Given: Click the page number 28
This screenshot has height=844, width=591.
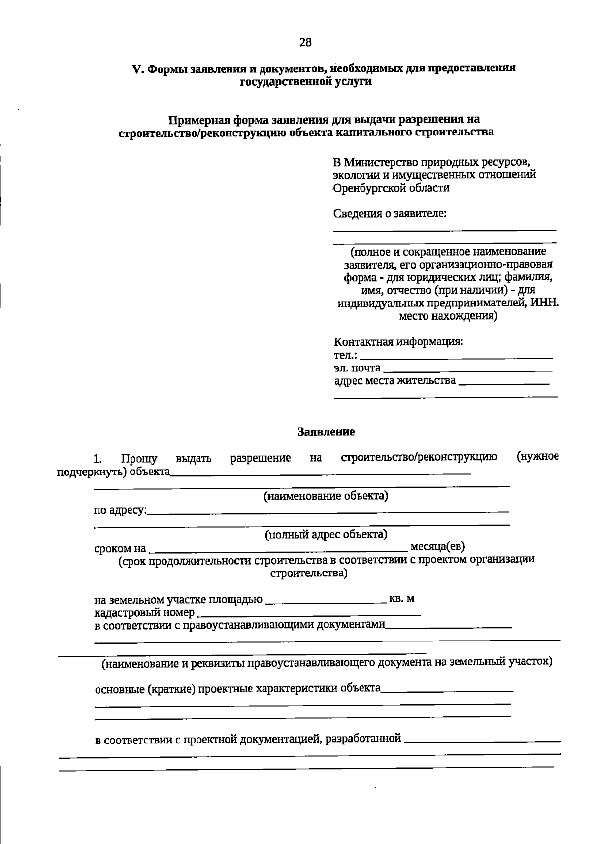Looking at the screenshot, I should pos(305,43).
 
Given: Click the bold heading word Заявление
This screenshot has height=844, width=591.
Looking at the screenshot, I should pos(326,432).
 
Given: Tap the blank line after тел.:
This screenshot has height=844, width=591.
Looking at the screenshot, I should pos(456,356).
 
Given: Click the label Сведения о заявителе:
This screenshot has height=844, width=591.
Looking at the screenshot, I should pos(390,214).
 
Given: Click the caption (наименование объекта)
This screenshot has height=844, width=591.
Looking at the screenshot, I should pos(326,496).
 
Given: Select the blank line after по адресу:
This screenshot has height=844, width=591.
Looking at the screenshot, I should pos(328,512).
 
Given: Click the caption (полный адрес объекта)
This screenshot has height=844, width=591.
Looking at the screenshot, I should pos(326,535).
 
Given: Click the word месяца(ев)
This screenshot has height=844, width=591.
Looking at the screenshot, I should pos(438,546).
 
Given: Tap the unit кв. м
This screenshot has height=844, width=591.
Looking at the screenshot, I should pos(401,599).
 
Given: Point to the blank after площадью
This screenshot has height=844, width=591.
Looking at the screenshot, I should pos(326,601).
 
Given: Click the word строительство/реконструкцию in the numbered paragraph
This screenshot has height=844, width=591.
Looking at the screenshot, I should pos(419,458).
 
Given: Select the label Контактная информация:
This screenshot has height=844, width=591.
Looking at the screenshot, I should pos(398,342).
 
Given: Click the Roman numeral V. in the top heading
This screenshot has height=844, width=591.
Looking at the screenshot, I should pos(138,69).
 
